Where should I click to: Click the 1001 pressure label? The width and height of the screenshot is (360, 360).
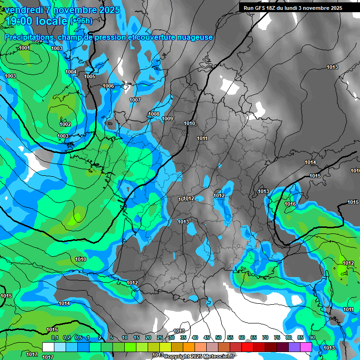(24, 48)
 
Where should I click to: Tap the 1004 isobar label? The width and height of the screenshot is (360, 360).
(71, 72)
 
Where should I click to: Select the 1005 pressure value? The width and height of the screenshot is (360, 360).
(90, 76)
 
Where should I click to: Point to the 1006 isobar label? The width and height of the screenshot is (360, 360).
(108, 86)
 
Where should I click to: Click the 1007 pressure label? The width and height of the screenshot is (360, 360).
(135, 100)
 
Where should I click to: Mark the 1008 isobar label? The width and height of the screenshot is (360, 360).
(154, 114)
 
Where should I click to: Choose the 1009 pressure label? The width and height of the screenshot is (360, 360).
(168, 119)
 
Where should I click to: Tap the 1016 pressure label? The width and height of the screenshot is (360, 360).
(290, 204)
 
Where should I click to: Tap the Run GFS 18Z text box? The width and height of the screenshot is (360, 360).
(293, 8)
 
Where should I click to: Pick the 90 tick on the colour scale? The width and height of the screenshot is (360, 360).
(312, 337)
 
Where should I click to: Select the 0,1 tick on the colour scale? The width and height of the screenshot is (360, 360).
(54, 337)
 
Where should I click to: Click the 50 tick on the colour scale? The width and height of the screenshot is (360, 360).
(218, 337)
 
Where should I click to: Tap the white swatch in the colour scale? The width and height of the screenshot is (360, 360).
(48, 347)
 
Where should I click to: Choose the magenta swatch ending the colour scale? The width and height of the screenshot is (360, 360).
(306, 347)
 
